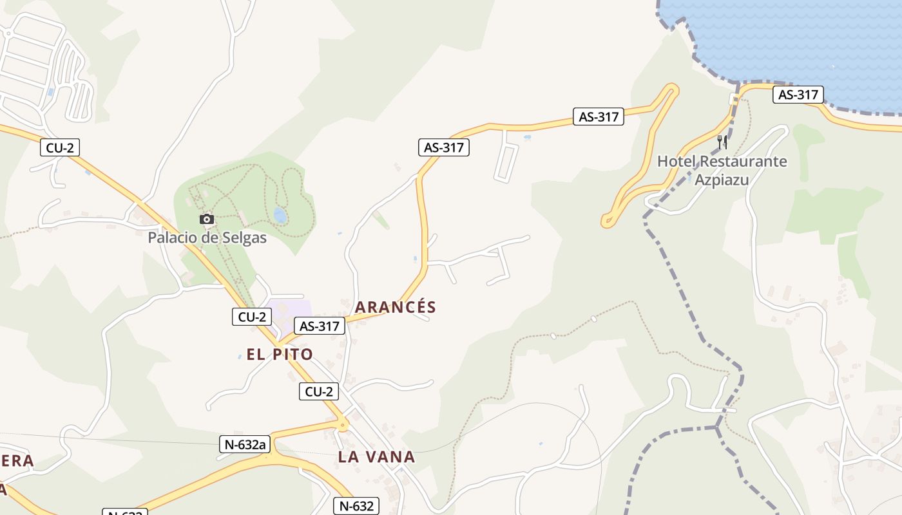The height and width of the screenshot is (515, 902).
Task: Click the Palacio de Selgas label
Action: click(207, 238)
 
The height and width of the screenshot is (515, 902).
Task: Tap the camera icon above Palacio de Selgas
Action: click(207, 220)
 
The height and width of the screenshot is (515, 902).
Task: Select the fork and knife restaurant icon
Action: click(723, 142)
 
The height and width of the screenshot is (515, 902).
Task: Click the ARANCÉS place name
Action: click(396, 307)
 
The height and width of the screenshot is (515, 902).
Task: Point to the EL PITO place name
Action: click(280, 354)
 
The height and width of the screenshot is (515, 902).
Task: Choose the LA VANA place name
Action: click(376, 457)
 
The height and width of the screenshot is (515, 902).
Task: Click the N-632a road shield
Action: click(245, 444)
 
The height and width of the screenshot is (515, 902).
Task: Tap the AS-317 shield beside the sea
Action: click(798, 95)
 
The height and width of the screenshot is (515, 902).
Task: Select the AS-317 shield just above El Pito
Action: click(320, 326)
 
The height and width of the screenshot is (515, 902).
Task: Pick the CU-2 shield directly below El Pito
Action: click(319, 391)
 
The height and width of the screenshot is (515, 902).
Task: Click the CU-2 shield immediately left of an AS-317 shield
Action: click(252, 317)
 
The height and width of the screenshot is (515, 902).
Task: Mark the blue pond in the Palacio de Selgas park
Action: click(280, 215)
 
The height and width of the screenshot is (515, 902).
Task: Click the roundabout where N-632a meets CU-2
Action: click(343, 424)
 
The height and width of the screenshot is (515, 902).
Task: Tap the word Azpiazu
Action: click(722, 180)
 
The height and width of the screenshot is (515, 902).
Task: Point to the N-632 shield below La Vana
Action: click(355, 506)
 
